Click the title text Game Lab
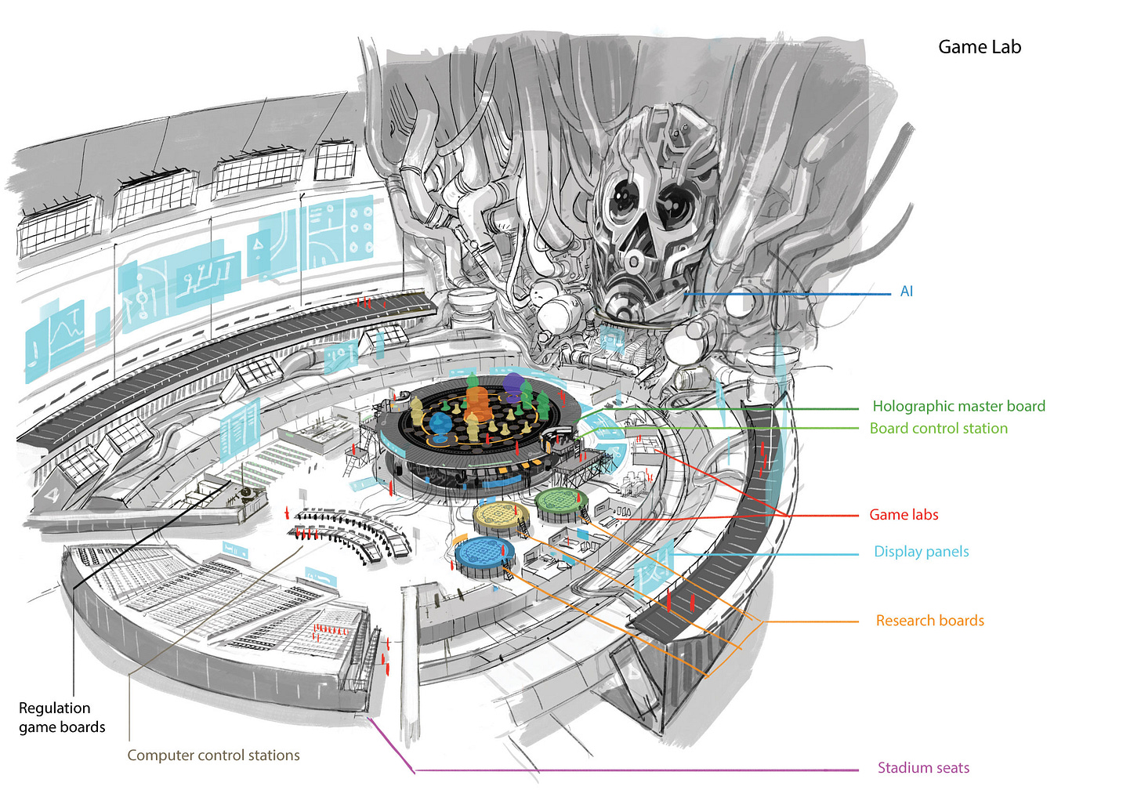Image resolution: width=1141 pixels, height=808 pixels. click(x=980, y=47)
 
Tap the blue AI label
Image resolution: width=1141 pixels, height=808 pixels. click(x=907, y=292)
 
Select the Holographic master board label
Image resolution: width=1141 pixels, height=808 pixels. click(x=958, y=406)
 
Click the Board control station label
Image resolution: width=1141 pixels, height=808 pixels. click(x=938, y=429)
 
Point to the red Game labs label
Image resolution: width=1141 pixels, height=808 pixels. click(x=904, y=515)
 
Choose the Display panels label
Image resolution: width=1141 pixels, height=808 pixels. click(x=921, y=552)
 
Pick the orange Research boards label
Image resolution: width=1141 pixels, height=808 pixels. click(x=929, y=621)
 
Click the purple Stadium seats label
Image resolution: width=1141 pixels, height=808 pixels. click(x=923, y=768)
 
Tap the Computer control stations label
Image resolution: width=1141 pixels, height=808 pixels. click(x=213, y=755)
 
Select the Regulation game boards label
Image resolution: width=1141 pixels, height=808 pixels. click(x=62, y=718)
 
